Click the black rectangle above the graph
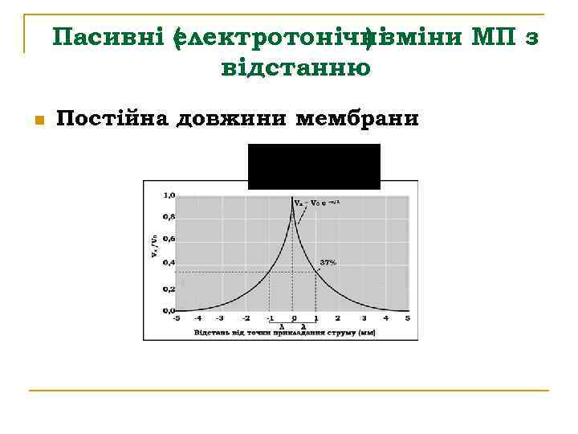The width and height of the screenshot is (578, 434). [314, 166]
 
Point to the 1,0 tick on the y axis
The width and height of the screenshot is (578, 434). [169, 194]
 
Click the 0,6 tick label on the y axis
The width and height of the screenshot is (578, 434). [169, 239]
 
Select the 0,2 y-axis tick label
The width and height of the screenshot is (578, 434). [169, 288]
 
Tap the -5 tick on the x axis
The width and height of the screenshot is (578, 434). [176, 318]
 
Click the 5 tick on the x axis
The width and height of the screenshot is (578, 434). [407, 318]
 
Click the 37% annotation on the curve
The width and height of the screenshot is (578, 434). [328, 263]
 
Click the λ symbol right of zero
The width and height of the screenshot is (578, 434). [303, 326]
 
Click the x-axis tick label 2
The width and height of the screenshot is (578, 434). [338, 318]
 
